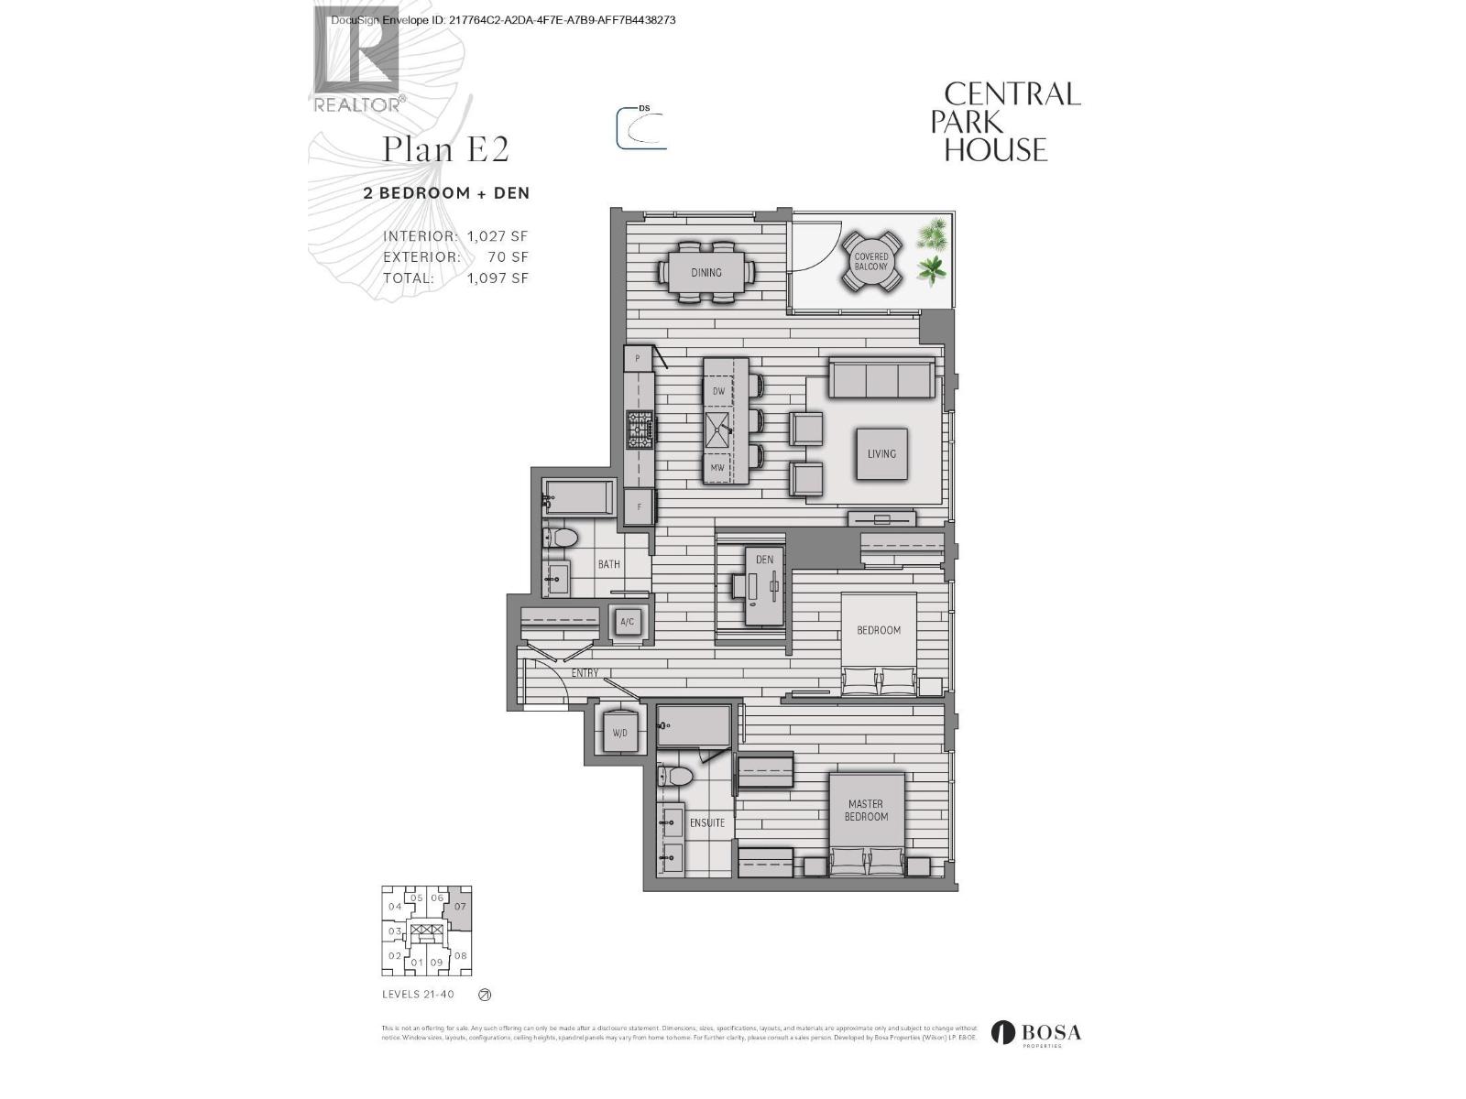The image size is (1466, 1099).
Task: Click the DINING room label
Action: [x=706, y=272]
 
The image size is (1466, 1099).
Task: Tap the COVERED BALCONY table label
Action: [x=871, y=262]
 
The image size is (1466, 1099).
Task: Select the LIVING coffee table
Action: [x=881, y=454]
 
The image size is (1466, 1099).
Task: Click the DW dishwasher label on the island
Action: [x=718, y=391]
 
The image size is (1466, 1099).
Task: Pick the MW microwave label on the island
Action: [x=717, y=468]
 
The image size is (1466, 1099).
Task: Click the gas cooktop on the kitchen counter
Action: [x=640, y=430]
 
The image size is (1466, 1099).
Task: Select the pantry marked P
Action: [x=637, y=359]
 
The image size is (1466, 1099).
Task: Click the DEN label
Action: [x=764, y=560]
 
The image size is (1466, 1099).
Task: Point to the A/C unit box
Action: [x=628, y=623]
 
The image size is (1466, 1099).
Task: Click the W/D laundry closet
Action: [x=619, y=734]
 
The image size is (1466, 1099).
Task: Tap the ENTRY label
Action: [x=585, y=673]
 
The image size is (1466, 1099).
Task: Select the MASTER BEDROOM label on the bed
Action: [x=866, y=811]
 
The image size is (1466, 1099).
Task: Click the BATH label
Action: [x=609, y=564]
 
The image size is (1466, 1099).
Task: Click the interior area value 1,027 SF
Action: [x=498, y=236]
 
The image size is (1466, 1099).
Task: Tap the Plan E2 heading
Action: [x=445, y=148]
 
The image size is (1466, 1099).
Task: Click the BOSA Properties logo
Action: [x=1038, y=1034]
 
